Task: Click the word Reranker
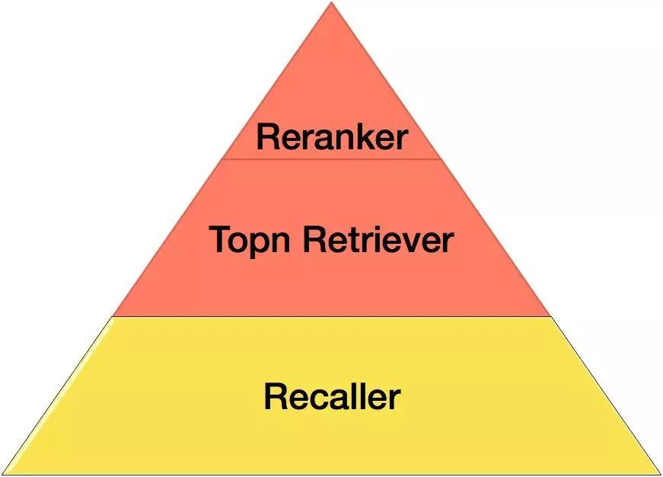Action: [x=332, y=137]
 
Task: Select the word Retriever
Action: [x=378, y=240]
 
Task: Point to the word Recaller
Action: [x=332, y=397]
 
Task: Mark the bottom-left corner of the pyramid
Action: [x=2, y=474]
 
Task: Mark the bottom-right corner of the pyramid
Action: [x=660, y=474]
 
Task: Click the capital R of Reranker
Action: [x=266, y=137]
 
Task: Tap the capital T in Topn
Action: [x=219, y=240]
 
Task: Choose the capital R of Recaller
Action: [x=274, y=397]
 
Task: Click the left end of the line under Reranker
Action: [x=222, y=158]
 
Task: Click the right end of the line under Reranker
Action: [x=441, y=158]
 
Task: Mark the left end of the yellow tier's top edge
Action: [x=113, y=316]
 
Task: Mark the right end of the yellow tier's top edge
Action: [x=550, y=316]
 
